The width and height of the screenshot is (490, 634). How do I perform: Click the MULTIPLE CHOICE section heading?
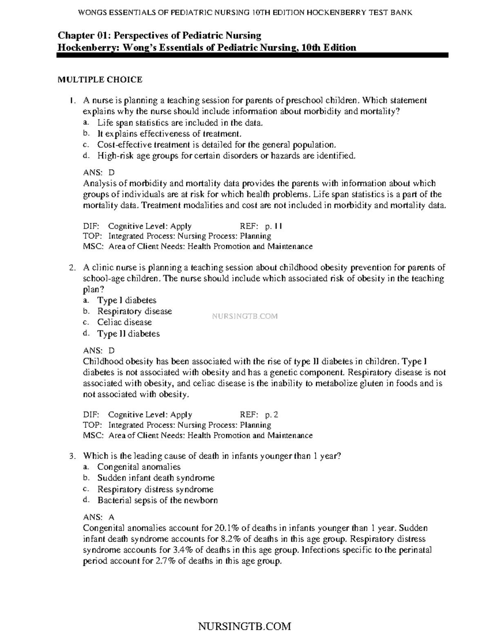point(100,80)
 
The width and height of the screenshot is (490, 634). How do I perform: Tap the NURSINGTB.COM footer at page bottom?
point(244,626)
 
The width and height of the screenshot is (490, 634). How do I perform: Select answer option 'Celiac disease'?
point(124,322)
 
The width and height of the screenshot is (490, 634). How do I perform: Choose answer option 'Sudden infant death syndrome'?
point(156,478)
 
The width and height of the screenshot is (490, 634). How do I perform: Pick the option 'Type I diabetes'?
point(127,300)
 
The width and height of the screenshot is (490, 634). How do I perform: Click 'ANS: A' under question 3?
point(98,517)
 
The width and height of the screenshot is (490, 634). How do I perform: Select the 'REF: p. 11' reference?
point(261,226)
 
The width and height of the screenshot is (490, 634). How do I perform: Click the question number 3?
point(71,456)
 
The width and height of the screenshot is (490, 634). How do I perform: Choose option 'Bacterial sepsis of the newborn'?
point(157,500)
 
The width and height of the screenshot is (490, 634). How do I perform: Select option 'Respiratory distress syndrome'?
point(155,489)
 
